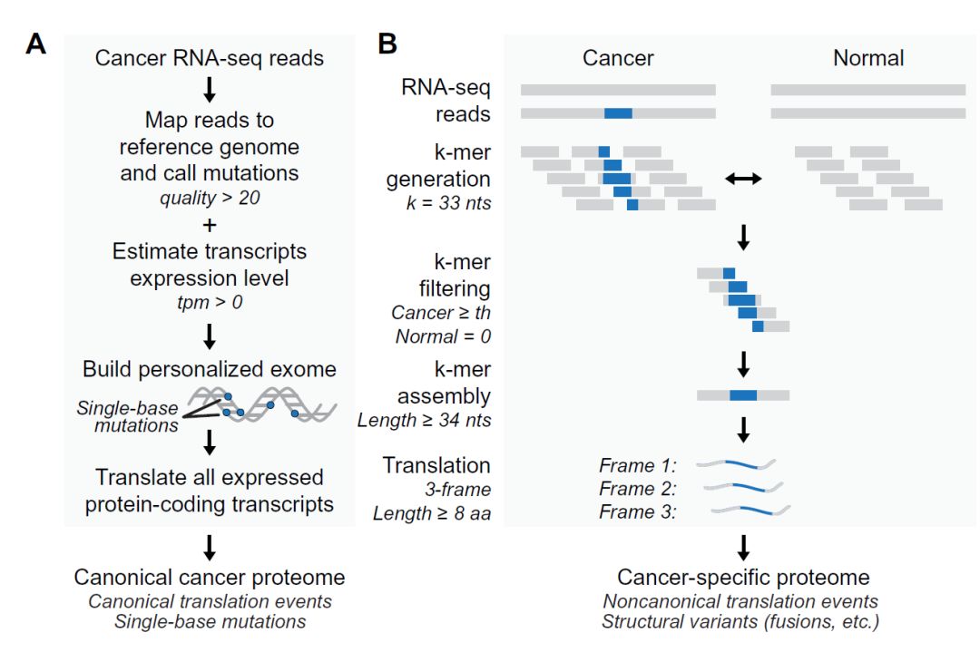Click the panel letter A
point(36,44)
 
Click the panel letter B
point(387,44)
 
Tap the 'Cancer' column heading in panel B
point(618,58)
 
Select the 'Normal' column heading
point(868,58)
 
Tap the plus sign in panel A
point(210,223)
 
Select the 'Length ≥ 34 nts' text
point(424,421)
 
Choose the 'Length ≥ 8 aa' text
point(432,513)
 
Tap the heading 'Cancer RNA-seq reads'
point(210,60)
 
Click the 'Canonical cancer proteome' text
point(210,578)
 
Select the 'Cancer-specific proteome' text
point(743,578)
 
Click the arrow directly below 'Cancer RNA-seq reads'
point(210,89)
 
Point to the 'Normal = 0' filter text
point(443,336)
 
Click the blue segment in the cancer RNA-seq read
point(618,113)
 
